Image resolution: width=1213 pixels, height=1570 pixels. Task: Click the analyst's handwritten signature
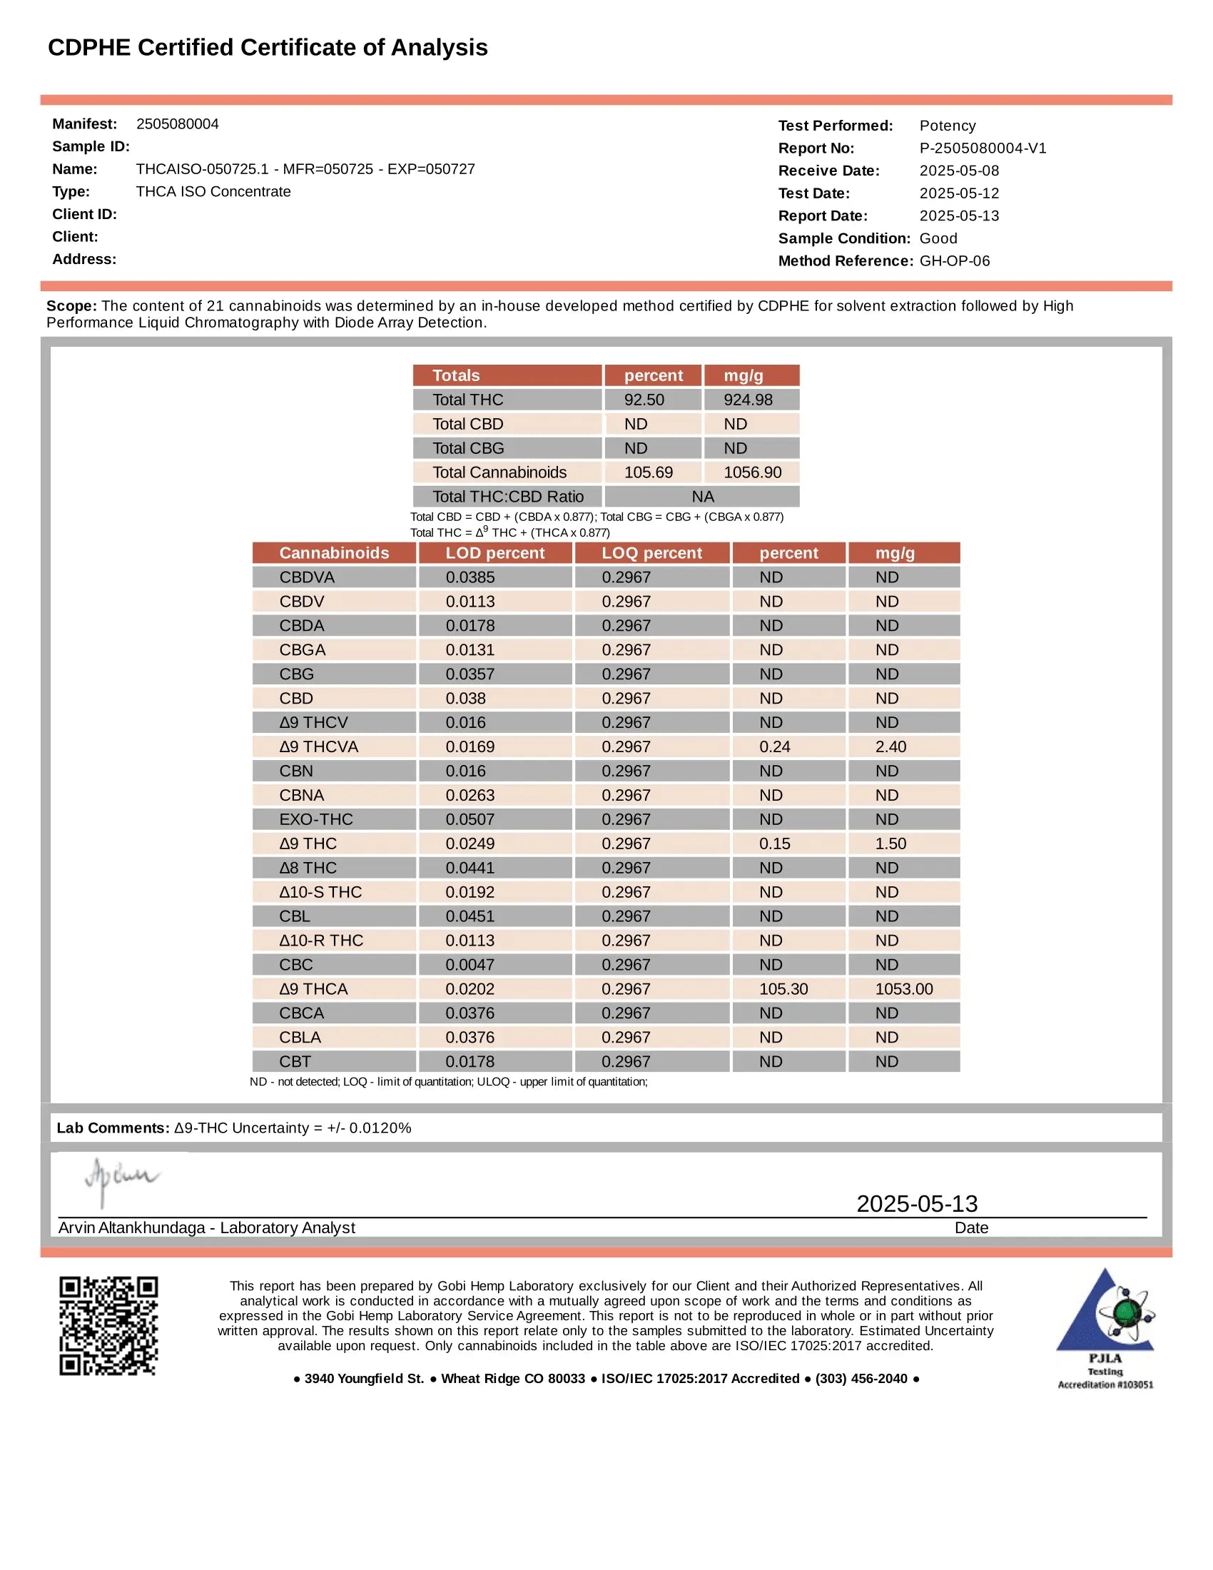tap(121, 1179)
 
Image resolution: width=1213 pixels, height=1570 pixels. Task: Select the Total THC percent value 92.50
tap(644, 400)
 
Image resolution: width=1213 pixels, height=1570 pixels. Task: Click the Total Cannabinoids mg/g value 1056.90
tap(751, 472)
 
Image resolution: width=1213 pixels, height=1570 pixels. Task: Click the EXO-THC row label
tap(316, 819)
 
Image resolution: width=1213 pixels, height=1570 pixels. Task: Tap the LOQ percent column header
tap(651, 553)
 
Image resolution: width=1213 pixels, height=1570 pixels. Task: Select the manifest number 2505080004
tap(178, 123)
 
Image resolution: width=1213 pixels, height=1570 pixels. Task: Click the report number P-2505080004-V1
tap(983, 148)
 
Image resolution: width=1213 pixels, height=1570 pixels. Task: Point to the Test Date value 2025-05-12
tap(958, 193)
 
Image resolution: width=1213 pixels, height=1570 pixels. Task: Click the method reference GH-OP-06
tap(954, 261)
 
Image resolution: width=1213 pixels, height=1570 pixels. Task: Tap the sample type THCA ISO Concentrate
tap(213, 192)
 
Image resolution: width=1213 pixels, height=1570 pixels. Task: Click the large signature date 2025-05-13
tap(916, 1203)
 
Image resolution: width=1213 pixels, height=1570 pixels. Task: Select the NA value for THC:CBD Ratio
tap(702, 497)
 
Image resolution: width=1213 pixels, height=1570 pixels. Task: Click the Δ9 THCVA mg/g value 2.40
tap(890, 747)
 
